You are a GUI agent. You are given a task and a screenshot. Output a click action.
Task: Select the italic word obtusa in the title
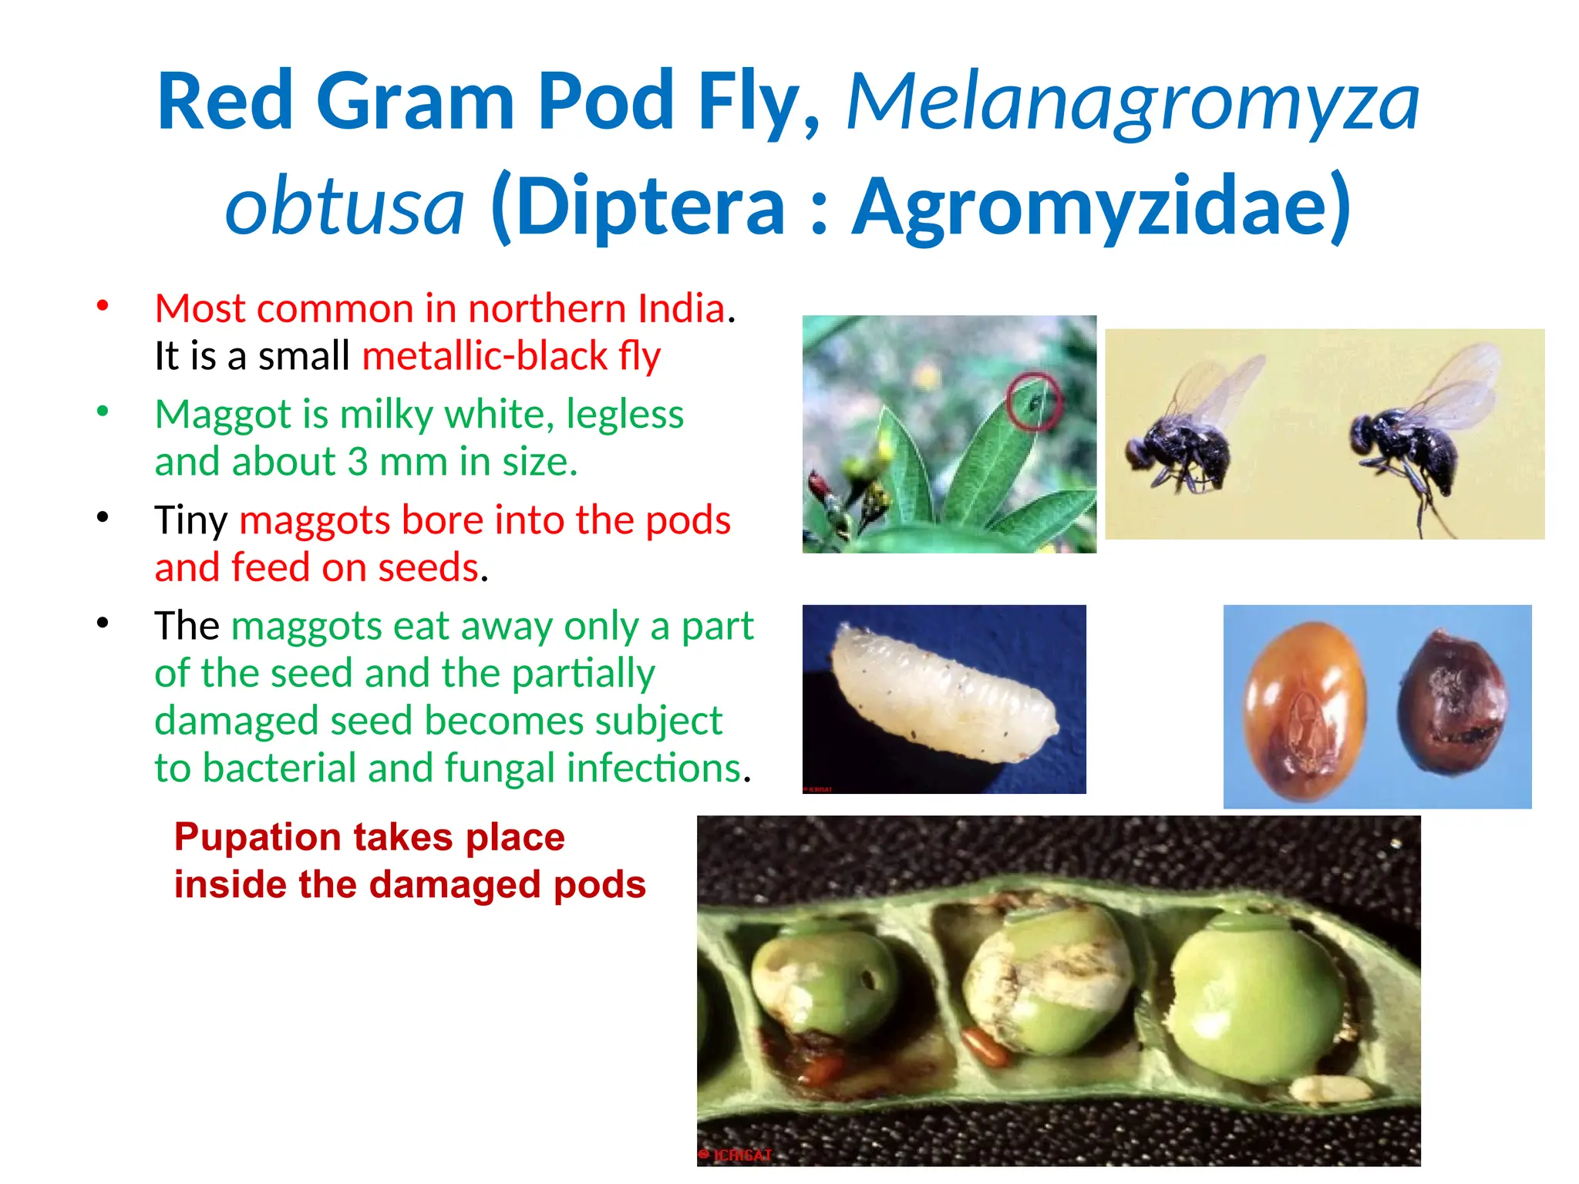click(345, 207)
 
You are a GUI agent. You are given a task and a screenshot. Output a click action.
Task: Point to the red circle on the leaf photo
click(1033, 401)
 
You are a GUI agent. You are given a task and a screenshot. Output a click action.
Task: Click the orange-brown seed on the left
click(1305, 711)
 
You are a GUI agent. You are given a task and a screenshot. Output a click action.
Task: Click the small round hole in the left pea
click(867, 981)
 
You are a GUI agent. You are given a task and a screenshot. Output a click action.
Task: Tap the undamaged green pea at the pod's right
click(1257, 998)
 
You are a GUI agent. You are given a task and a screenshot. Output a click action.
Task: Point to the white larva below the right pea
click(1330, 1088)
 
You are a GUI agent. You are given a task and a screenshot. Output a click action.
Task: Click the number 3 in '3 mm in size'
click(357, 462)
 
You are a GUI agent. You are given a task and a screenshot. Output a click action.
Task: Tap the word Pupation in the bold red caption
click(258, 837)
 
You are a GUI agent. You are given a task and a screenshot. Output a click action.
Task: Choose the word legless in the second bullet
click(625, 414)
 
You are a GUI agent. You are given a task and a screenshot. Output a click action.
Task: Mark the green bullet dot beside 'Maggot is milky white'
click(103, 411)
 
